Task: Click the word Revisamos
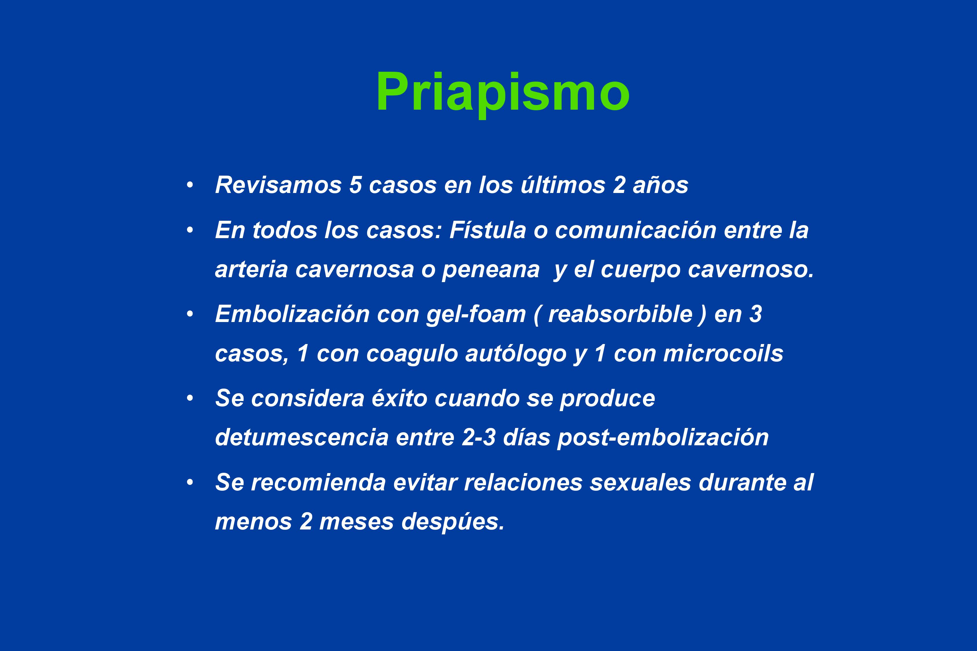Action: click(278, 185)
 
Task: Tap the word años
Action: click(661, 185)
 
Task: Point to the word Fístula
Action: click(488, 230)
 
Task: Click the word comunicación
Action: click(635, 230)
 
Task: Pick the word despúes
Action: click(453, 522)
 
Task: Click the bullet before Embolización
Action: click(190, 314)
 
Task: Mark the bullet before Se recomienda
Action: click(190, 482)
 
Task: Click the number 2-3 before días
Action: click(479, 437)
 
